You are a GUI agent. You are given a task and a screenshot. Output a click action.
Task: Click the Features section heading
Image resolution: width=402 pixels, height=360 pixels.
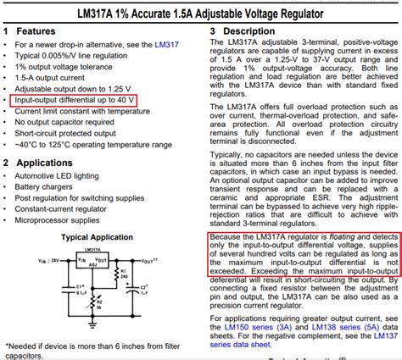click(33, 30)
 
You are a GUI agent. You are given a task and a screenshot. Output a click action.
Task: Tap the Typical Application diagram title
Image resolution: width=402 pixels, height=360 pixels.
click(96, 238)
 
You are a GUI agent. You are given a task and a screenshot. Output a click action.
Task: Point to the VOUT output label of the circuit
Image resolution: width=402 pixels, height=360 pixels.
click(149, 260)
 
